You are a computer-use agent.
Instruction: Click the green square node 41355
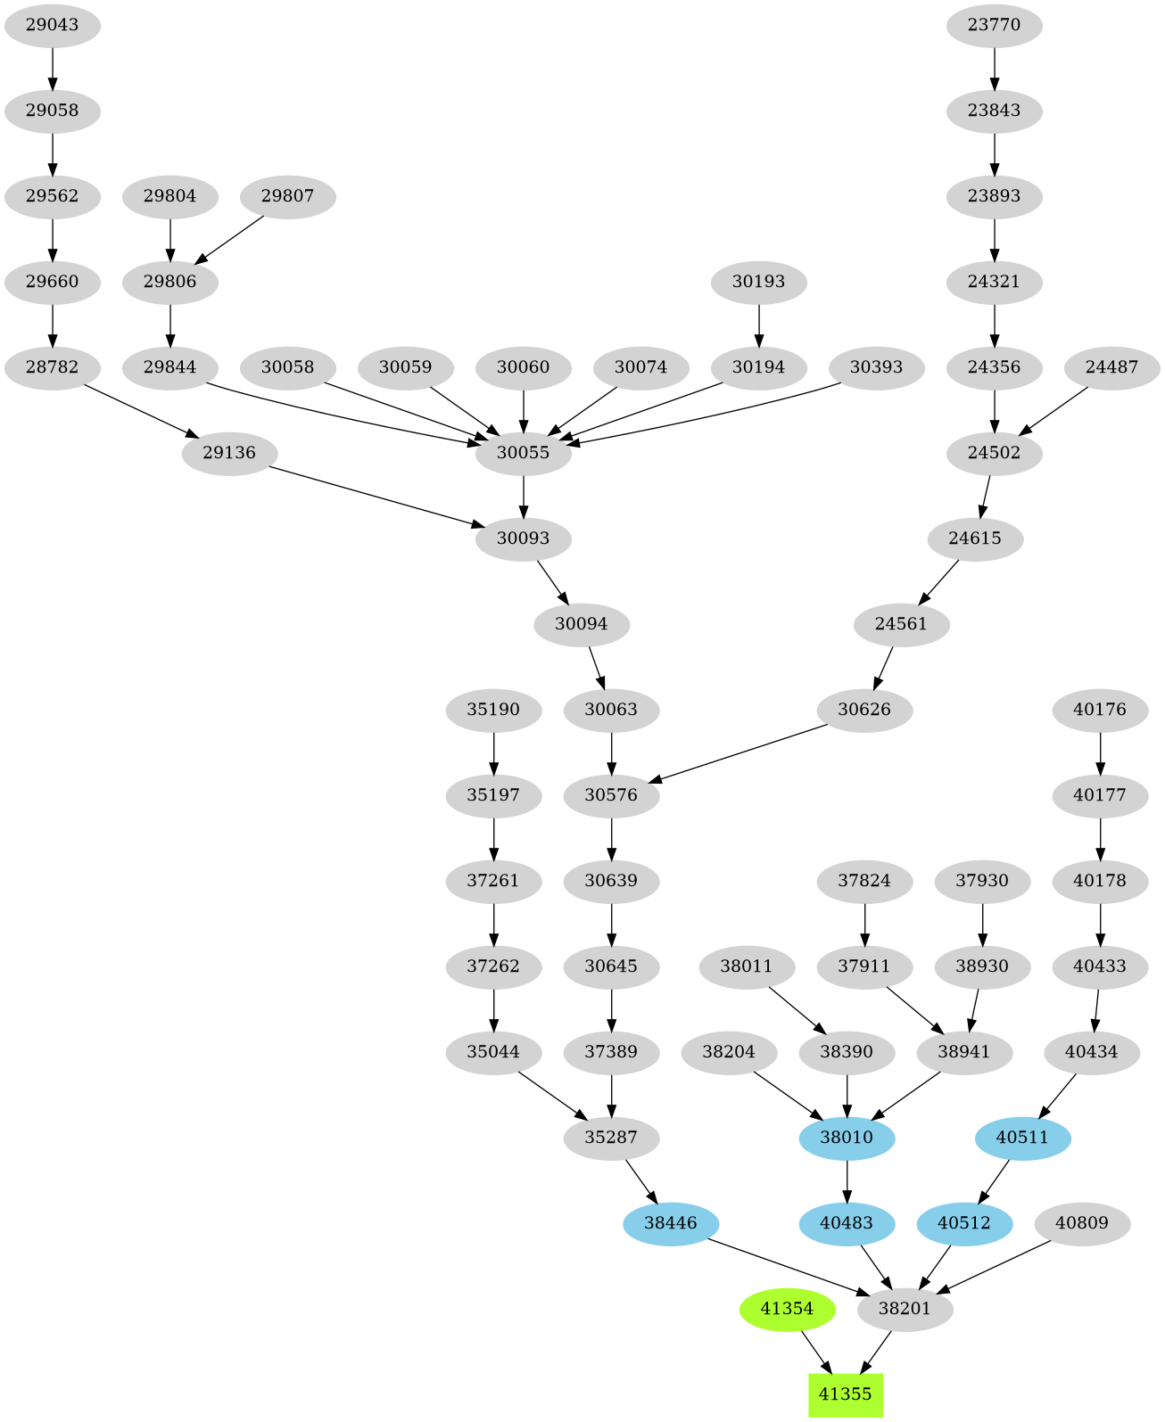click(x=845, y=1394)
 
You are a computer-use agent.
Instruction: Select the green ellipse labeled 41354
click(x=787, y=1309)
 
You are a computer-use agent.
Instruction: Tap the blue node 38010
click(x=847, y=1138)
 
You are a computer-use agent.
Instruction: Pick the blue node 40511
click(x=1022, y=1138)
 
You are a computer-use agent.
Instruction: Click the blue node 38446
click(x=670, y=1223)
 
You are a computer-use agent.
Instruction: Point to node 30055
click(x=523, y=453)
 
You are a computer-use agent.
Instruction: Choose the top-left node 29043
click(x=52, y=25)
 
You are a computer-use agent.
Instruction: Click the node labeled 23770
click(x=994, y=25)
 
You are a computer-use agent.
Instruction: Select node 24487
click(x=1111, y=367)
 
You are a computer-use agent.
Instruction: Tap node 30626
click(x=864, y=710)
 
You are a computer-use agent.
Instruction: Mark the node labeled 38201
click(x=905, y=1309)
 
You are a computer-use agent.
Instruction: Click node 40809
click(x=1081, y=1223)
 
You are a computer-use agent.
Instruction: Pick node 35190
click(x=493, y=710)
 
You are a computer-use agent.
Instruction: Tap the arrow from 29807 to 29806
click(x=229, y=238)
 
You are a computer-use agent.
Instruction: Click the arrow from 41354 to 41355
click(x=816, y=1352)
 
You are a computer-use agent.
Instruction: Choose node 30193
click(x=758, y=282)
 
